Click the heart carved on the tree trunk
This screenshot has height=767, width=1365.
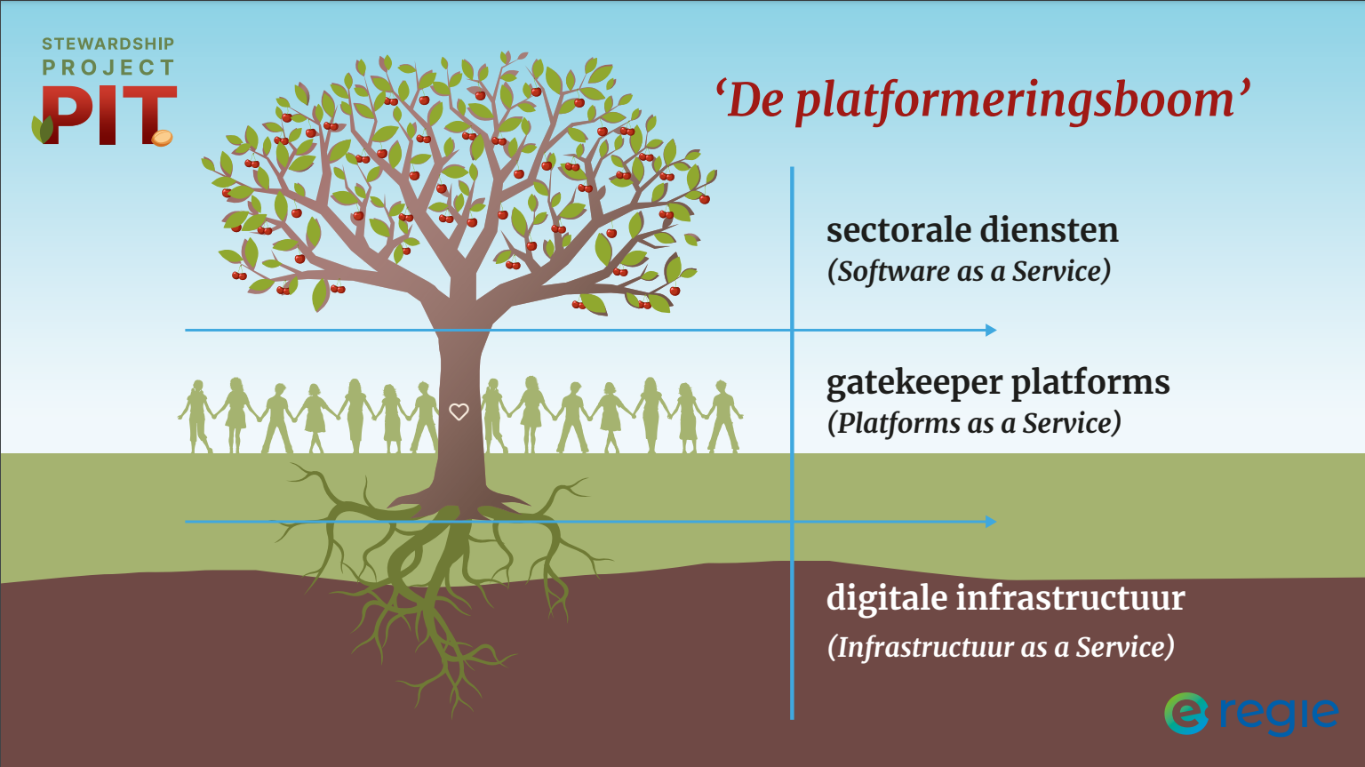(459, 411)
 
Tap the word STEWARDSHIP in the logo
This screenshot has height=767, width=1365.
(108, 44)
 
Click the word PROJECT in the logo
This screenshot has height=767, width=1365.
(108, 68)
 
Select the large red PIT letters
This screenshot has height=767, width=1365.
(109, 116)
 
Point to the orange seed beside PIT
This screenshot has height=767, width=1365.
(162, 138)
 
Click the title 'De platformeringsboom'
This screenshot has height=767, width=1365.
(983, 100)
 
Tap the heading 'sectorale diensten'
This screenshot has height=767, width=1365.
(972, 230)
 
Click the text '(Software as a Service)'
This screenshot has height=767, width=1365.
(969, 271)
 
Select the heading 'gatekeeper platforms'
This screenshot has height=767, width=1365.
(998, 384)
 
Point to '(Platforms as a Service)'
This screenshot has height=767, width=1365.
(974, 423)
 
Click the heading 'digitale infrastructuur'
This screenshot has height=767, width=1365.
(1006, 597)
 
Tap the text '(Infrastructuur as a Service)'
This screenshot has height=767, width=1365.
(1001, 647)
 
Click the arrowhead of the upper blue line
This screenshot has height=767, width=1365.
(992, 331)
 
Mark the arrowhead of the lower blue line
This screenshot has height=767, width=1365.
(992, 522)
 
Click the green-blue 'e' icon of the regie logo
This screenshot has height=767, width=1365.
(1185, 714)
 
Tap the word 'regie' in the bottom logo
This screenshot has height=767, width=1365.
(1279, 715)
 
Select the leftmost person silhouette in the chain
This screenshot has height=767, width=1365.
(196, 417)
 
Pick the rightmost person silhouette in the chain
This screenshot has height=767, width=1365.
(724, 417)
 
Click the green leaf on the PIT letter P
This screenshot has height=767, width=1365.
(43, 129)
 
